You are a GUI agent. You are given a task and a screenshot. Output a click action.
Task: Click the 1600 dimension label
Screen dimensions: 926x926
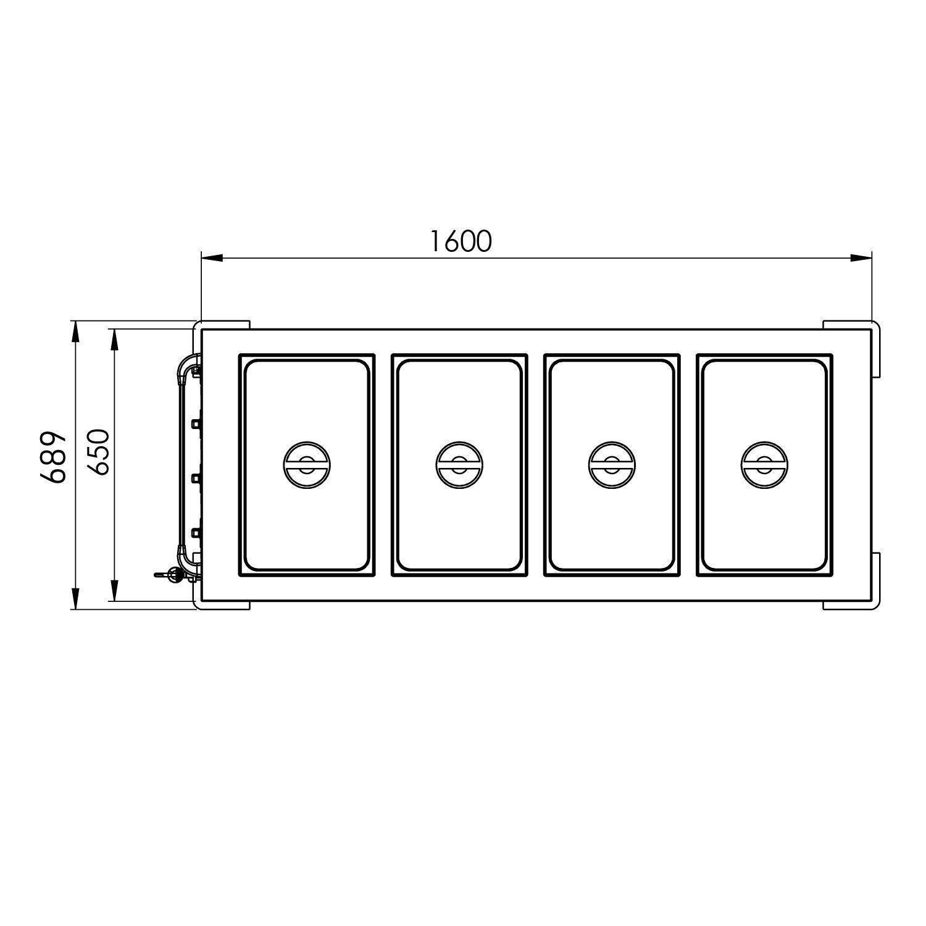coord(461,241)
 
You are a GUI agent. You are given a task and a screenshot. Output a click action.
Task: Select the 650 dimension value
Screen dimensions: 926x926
coord(98,452)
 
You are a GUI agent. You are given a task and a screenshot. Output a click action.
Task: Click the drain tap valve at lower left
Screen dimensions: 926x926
coord(173,575)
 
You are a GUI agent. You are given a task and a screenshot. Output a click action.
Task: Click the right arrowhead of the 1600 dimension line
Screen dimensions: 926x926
coord(861,257)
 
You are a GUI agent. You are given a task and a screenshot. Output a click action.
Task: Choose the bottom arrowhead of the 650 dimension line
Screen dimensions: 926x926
coord(114,590)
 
